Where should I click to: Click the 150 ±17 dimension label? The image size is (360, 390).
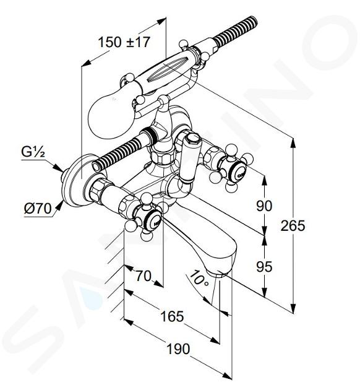coord(124,42)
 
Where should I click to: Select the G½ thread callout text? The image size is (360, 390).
coord(33,152)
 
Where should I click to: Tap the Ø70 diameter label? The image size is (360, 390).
coord(38,209)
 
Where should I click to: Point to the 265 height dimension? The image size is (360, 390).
coord(293,226)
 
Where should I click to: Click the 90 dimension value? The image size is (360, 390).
coord(264,206)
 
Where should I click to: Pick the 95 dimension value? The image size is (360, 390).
coord(264,267)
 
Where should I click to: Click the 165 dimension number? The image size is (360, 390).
coord(172,316)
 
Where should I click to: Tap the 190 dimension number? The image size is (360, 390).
coord(178,349)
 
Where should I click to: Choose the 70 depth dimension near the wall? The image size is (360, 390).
coord(144,276)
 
